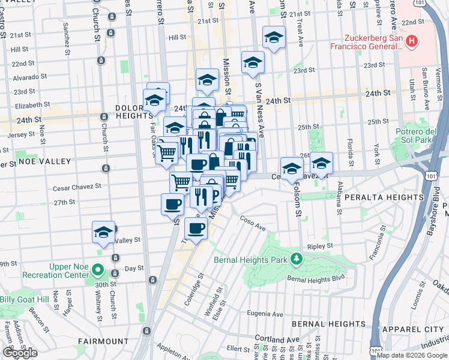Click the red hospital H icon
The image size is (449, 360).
point(412,41)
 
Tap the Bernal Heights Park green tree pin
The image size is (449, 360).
point(295,259)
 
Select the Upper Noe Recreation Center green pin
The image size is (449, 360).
point(99,271)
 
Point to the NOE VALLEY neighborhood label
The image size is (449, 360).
point(44,161)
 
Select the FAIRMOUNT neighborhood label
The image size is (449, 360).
point(103,341)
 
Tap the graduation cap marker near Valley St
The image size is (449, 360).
point(104,233)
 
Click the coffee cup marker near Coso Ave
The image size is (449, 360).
point(196,229)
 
